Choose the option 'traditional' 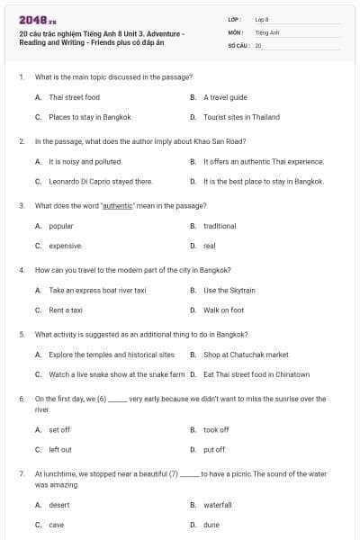(x=220, y=226)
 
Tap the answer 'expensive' (x=65, y=245)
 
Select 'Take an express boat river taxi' (x=97, y=291)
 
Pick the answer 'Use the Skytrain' (x=228, y=291)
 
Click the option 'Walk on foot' (x=223, y=310)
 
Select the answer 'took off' (x=216, y=430)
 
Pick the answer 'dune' (x=211, y=525)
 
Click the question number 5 (x=22, y=334)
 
